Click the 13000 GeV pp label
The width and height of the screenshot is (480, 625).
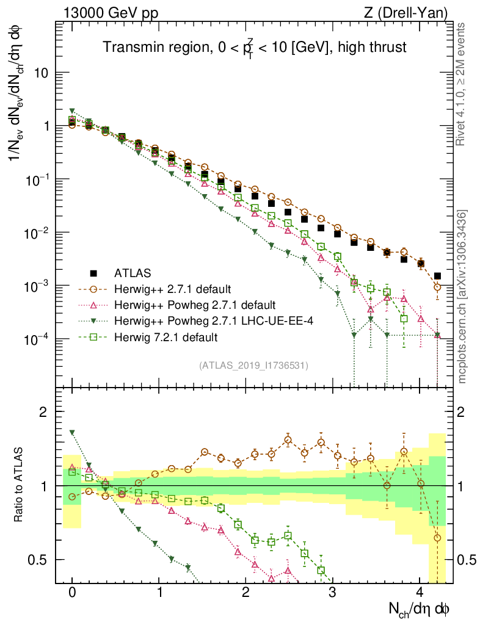pyautogui.click(x=103, y=13)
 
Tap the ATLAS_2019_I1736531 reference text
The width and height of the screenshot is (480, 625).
pyautogui.click(x=253, y=366)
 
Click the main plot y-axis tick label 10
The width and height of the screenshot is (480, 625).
pyautogui.click(x=41, y=73)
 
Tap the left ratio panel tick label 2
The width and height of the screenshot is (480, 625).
pyautogui.click(x=45, y=412)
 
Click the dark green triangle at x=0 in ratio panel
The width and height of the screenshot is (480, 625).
pyautogui.click(x=72, y=432)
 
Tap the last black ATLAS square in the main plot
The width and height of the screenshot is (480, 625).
pyautogui.click(x=437, y=276)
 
